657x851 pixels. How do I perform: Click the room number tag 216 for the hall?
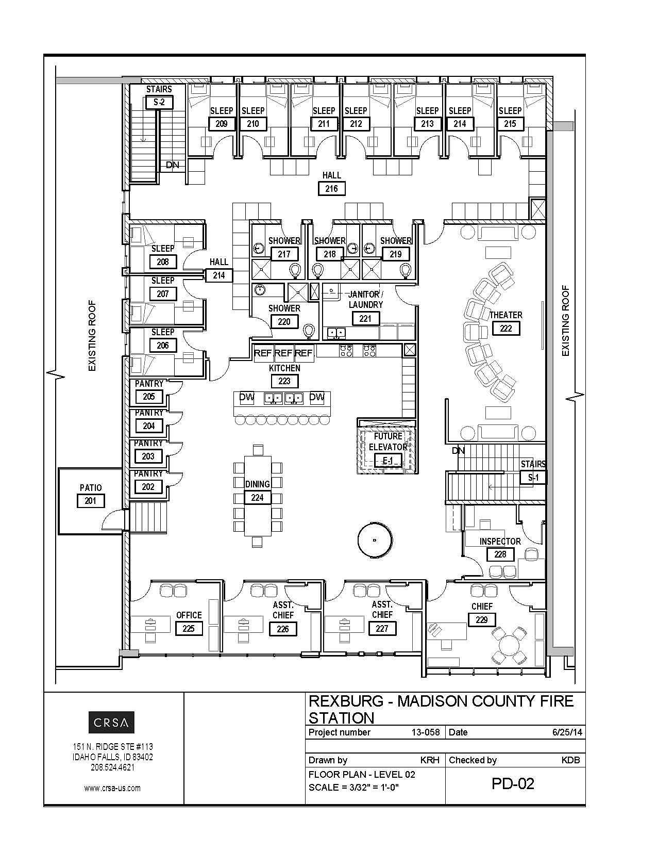(x=331, y=189)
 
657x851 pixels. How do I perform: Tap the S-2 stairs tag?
(x=159, y=103)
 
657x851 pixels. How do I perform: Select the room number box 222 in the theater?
(x=506, y=328)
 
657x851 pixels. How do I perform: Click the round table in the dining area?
(x=375, y=540)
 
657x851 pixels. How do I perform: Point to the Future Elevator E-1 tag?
(x=388, y=461)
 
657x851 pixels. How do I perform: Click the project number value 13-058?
(x=426, y=732)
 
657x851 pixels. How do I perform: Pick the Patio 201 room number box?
(x=90, y=501)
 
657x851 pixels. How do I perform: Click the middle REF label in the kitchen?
(x=284, y=353)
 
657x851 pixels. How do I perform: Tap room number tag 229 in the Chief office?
(x=482, y=619)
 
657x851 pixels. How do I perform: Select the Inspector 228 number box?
(x=500, y=554)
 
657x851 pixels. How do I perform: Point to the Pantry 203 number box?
(x=148, y=456)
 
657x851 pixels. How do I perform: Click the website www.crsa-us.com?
(x=112, y=788)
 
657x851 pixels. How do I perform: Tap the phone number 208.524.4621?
(x=113, y=767)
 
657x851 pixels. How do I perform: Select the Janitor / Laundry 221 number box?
(x=365, y=318)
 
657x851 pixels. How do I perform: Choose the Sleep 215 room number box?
(x=510, y=124)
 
